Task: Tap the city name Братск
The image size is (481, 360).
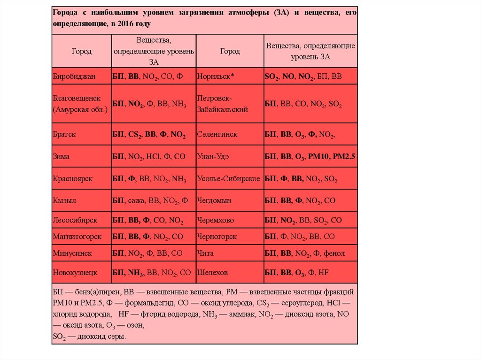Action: [x=64, y=134]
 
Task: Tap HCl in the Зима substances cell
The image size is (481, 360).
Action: [x=154, y=157]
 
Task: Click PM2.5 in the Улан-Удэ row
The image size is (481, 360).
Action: [x=344, y=157]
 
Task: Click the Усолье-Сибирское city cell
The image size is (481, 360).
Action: [x=229, y=179]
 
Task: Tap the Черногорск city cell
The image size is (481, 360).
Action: [x=217, y=237]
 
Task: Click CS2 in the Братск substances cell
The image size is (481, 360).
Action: [x=134, y=134]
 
